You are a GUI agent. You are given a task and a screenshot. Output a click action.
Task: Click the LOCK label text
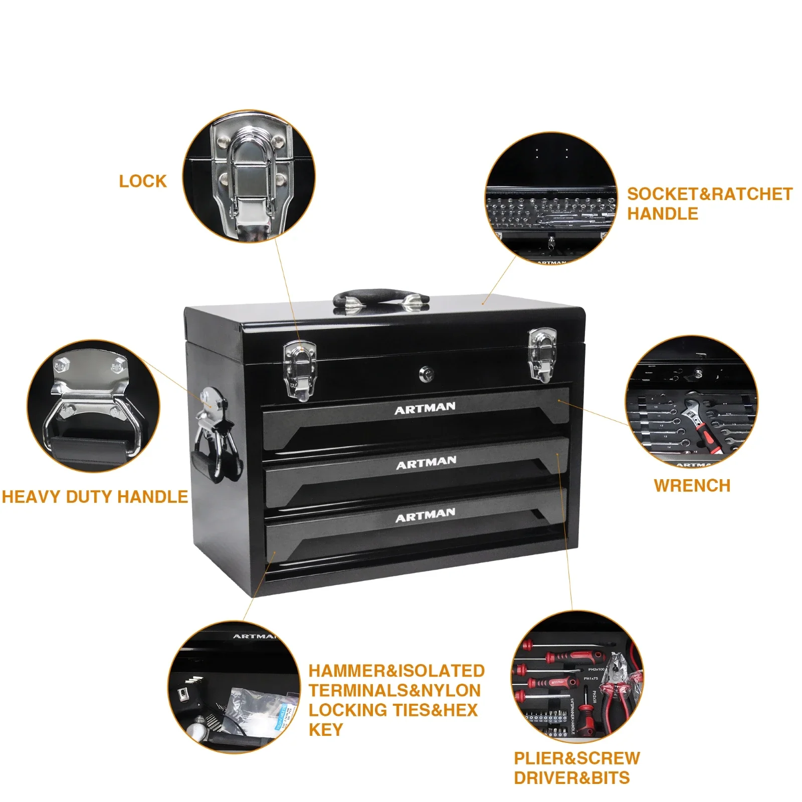(x=142, y=181)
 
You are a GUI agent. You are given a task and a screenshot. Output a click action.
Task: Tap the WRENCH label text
(x=692, y=485)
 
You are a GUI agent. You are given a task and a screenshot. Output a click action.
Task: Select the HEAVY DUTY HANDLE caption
(x=95, y=497)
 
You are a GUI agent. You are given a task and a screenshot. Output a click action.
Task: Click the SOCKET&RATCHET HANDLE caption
(x=709, y=204)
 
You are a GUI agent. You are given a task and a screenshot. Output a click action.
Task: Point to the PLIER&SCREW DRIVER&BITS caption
(x=576, y=767)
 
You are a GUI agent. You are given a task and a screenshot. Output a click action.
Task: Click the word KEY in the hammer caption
(x=326, y=730)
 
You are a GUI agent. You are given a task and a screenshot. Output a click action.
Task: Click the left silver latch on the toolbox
(x=300, y=370)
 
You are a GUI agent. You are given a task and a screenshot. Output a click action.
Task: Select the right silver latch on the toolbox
(x=542, y=355)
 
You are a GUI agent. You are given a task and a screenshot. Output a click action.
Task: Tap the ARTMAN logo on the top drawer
(x=425, y=408)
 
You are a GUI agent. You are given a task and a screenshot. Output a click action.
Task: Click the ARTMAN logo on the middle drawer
(x=426, y=463)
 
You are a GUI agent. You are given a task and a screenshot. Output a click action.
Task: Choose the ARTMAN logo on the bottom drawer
(x=425, y=515)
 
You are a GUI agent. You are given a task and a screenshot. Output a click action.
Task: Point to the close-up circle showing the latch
(x=249, y=176)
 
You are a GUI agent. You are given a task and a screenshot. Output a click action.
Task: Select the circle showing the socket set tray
(x=550, y=198)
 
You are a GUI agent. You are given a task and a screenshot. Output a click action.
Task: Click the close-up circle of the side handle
(x=93, y=406)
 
